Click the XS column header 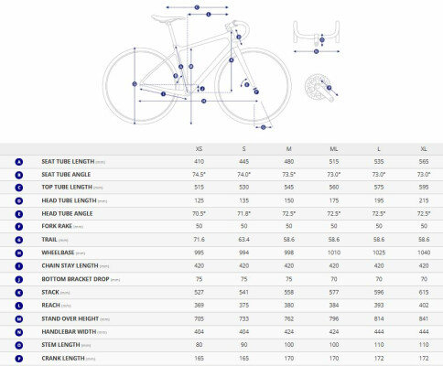point(199,147)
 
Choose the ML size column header point(334,147)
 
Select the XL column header point(424,147)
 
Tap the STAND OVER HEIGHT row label point(72,318)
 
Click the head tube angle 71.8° point(243,213)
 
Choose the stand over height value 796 point(334,318)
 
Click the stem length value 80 point(199,345)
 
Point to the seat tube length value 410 point(199,161)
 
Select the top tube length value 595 point(424,187)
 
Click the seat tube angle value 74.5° point(199,174)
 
